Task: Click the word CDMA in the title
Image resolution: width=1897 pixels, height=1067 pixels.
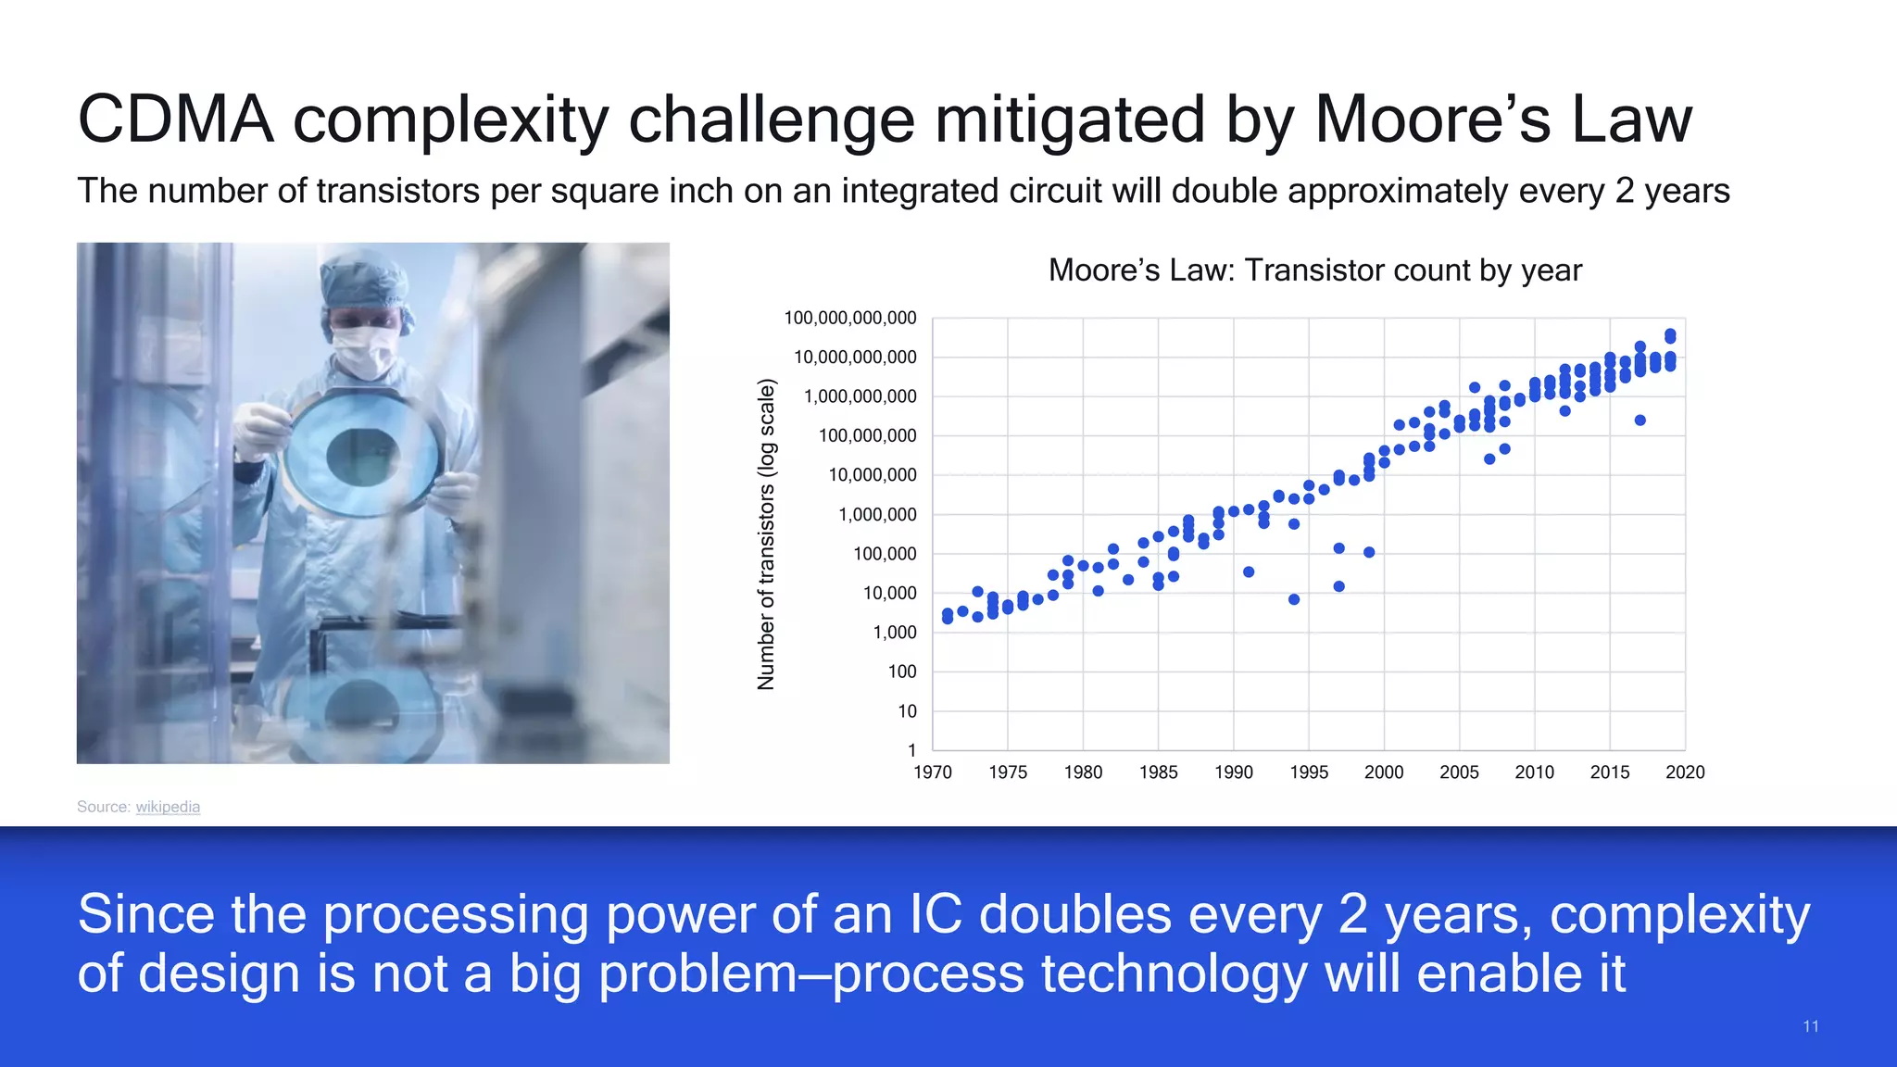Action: (x=176, y=119)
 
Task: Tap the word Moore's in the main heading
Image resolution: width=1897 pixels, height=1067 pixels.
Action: (x=1432, y=119)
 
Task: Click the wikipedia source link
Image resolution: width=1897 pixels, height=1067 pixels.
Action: (x=168, y=807)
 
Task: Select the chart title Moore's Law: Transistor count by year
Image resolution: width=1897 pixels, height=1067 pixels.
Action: (x=1314, y=270)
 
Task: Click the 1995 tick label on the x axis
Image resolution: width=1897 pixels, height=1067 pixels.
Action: (x=1309, y=772)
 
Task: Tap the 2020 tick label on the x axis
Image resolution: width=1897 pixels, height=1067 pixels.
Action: (x=1685, y=772)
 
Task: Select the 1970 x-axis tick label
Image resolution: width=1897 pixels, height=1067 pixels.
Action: (x=933, y=772)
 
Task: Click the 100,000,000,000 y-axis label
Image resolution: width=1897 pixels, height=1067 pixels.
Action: (x=849, y=319)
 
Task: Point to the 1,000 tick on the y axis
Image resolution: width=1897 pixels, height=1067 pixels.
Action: (x=894, y=633)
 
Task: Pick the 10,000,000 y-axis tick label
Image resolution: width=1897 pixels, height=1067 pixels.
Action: (x=872, y=475)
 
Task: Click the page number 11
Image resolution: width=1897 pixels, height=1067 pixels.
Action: (x=1811, y=1026)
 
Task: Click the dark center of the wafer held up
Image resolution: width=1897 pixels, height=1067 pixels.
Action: (x=363, y=457)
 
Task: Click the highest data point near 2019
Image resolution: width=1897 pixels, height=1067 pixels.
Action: (x=1670, y=334)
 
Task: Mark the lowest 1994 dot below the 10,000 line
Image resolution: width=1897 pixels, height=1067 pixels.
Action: (x=1294, y=599)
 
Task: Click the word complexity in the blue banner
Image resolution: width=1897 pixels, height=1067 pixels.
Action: (x=1679, y=915)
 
